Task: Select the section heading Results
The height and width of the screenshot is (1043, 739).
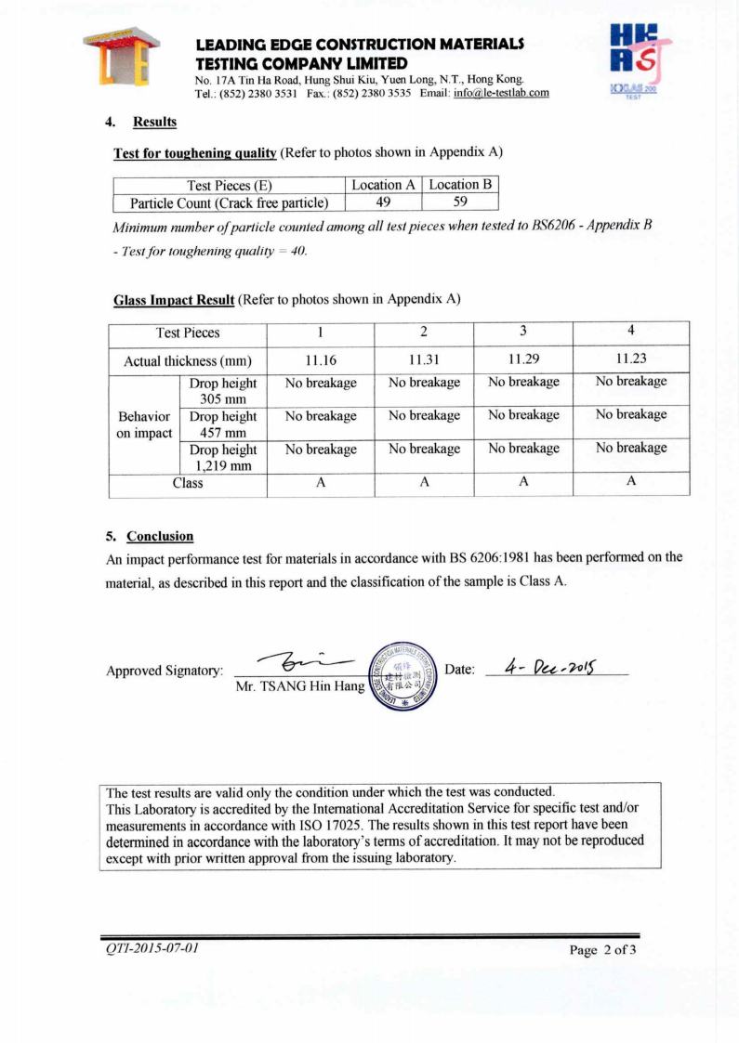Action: (154, 122)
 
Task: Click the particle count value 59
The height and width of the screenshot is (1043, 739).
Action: (460, 202)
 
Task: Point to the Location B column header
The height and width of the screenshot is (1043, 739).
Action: (460, 184)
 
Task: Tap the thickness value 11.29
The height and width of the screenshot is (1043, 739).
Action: (523, 359)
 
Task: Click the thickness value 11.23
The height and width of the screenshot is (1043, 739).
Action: (630, 359)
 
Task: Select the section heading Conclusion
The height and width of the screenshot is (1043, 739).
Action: (160, 536)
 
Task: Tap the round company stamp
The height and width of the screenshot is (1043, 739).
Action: (402, 675)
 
